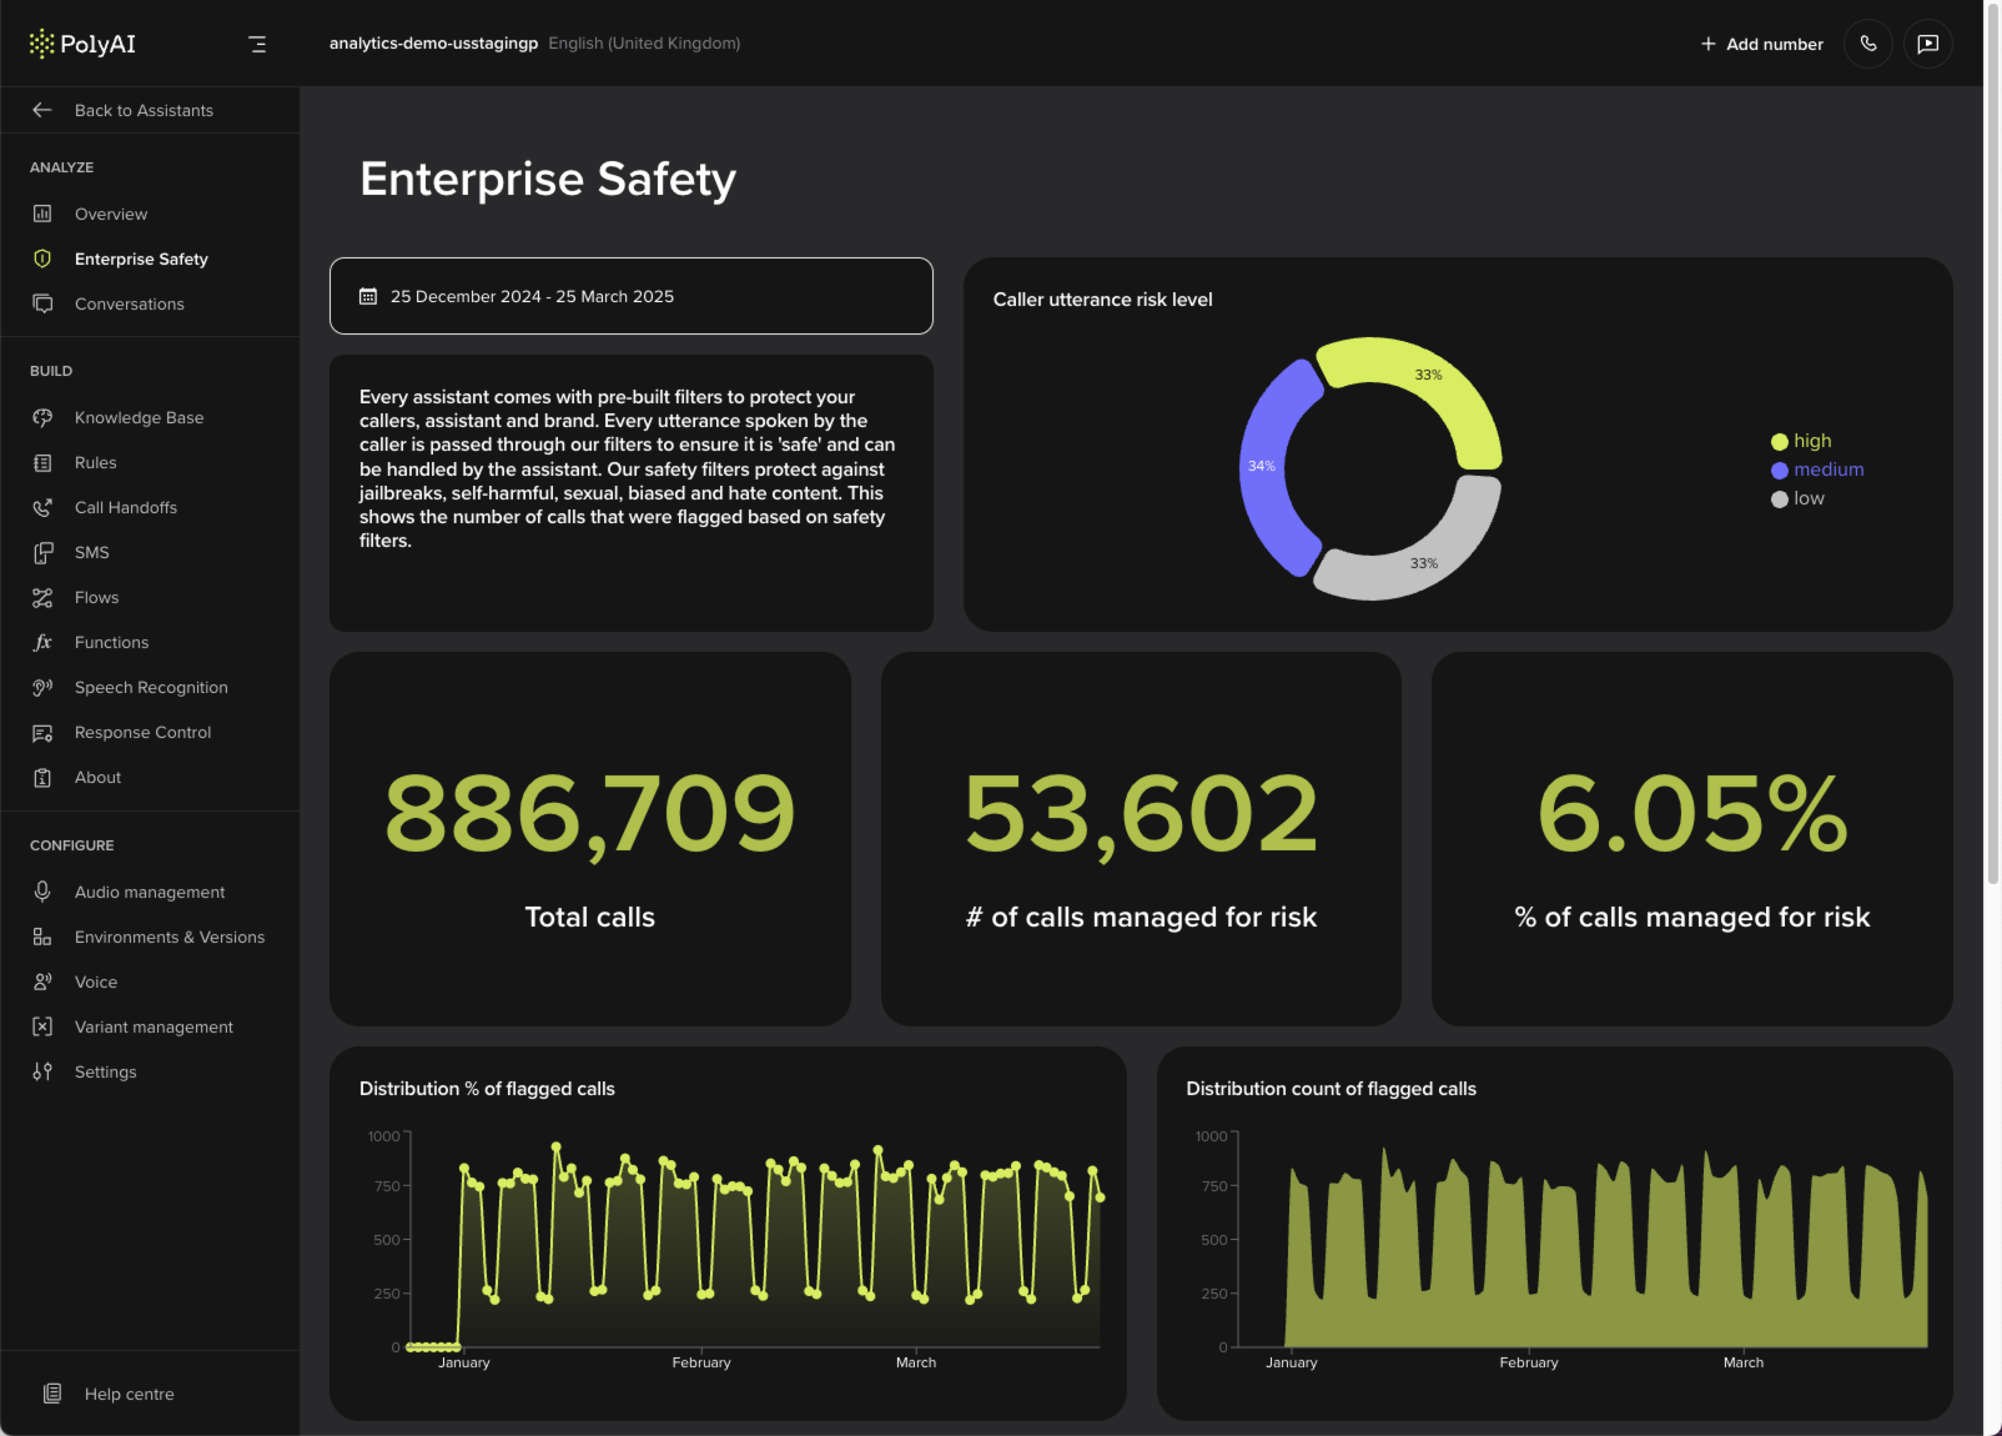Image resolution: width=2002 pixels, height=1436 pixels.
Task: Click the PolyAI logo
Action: coord(82,43)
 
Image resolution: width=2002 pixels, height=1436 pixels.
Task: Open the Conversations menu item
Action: coord(129,304)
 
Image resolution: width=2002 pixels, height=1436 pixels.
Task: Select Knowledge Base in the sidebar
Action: coord(139,418)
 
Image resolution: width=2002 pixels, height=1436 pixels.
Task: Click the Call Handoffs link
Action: coord(125,508)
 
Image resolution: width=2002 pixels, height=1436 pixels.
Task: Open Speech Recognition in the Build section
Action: coord(151,687)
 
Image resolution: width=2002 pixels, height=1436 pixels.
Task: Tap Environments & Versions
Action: coord(170,937)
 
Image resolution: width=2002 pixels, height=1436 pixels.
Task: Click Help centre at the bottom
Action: coord(129,1394)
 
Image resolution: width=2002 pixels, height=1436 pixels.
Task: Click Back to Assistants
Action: coord(143,111)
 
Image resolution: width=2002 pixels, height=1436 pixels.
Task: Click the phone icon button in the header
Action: coord(1868,43)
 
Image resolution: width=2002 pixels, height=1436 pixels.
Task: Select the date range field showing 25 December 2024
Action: coord(630,296)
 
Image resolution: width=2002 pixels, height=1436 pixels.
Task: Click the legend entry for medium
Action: coord(1827,470)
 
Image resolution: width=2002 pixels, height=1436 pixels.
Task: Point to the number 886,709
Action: coord(590,812)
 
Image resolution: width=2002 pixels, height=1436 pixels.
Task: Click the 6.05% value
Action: coord(1691,812)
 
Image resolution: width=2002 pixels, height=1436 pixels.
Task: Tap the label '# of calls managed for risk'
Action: coord(1140,917)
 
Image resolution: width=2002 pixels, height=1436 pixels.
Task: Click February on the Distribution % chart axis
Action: coord(701,1362)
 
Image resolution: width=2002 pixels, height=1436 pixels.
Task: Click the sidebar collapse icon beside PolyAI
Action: coord(257,44)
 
